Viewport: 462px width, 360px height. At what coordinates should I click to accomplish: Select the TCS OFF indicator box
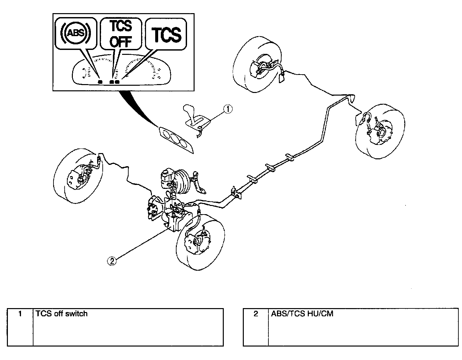(x=120, y=34)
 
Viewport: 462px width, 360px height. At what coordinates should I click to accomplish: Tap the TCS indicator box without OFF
(x=167, y=34)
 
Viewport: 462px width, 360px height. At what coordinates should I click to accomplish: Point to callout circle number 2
(x=112, y=261)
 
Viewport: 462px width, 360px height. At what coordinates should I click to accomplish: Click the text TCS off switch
(x=62, y=314)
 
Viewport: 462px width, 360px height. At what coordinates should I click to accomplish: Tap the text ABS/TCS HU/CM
(x=302, y=314)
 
